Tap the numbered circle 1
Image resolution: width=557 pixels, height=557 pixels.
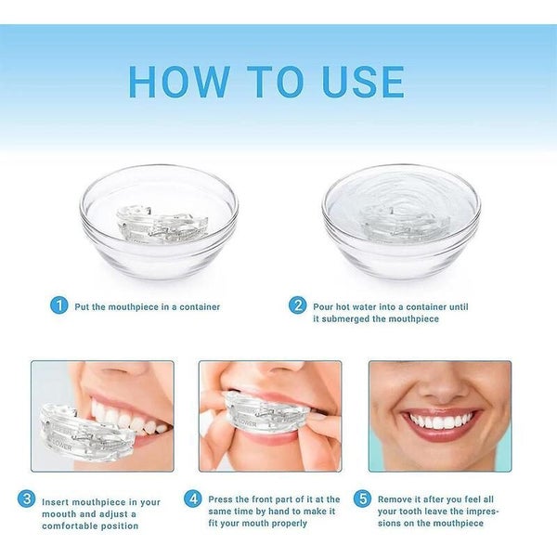click(x=58, y=305)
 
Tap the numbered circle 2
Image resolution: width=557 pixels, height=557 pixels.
click(x=297, y=305)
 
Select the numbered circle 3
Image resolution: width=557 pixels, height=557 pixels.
click(x=26, y=499)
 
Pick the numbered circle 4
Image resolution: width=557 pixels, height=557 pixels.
click(x=192, y=499)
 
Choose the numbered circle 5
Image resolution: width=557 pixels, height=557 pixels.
click(x=362, y=499)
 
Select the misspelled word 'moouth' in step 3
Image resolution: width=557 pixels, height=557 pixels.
click(x=63, y=512)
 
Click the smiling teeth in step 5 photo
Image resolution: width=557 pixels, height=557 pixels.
click(x=441, y=421)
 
